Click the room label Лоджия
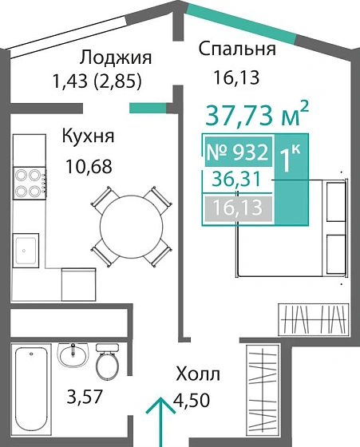click(116, 58)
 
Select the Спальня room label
click(237, 49)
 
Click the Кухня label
click(88, 136)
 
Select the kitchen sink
click(28, 247)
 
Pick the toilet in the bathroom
click(106, 363)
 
